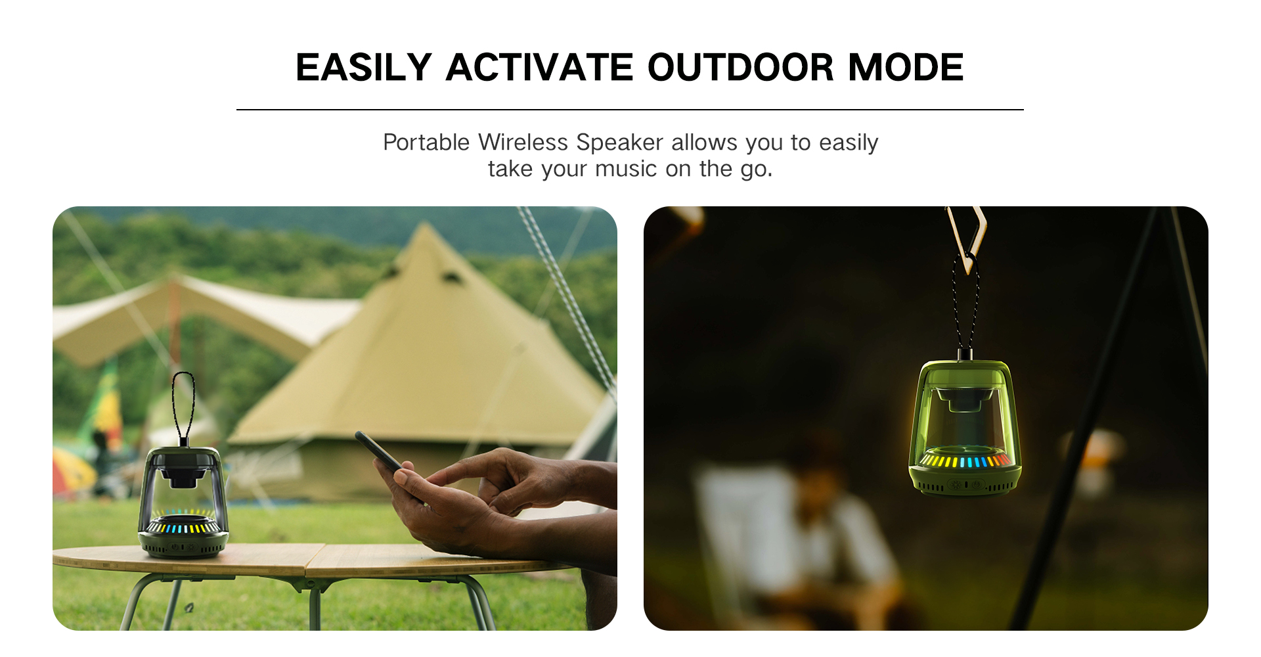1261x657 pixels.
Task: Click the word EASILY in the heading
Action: click(x=363, y=67)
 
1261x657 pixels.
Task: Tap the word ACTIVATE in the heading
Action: click(x=539, y=67)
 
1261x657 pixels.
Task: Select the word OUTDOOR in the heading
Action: click(x=740, y=67)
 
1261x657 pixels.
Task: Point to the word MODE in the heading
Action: click(x=906, y=67)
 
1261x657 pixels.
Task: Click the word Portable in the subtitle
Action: click(x=426, y=142)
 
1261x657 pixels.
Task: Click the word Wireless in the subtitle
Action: click(x=523, y=142)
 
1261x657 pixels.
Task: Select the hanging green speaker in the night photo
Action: click(x=964, y=427)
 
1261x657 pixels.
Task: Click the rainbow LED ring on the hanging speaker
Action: click(x=964, y=460)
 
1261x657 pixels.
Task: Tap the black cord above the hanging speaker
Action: click(x=965, y=306)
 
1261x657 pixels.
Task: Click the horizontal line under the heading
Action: click(x=630, y=110)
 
